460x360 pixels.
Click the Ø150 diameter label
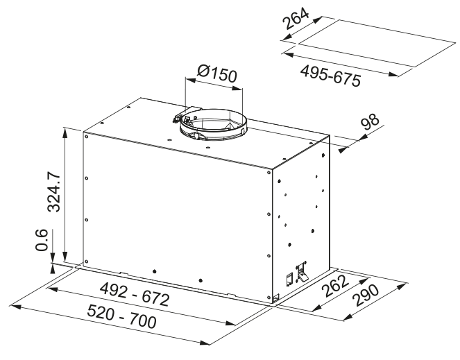point(216,74)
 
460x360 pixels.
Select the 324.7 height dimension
point(54,192)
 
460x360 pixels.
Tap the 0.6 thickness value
point(42,240)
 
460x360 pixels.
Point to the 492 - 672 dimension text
point(135,294)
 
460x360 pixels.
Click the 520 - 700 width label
point(121,316)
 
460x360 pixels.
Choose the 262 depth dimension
point(335,286)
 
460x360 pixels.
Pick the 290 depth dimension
point(366,295)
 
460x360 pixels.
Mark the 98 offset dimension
point(370,122)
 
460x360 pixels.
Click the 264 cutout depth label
point(296,19)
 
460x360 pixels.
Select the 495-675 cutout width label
point(330,76)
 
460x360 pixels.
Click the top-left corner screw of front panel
point(86,136)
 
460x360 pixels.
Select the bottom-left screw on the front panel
point(86,262)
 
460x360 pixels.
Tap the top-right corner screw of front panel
point(269,172)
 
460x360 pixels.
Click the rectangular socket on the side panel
point(289,280)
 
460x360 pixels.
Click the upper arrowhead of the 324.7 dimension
point(65,132)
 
